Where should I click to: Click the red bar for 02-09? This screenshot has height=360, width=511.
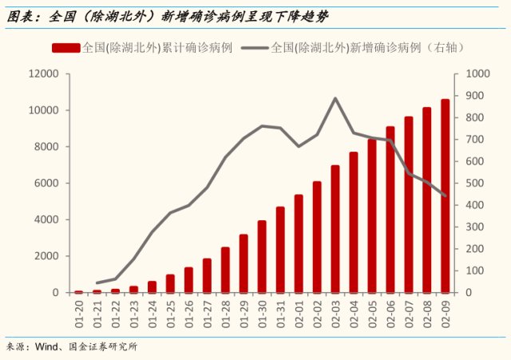tap(446, 196)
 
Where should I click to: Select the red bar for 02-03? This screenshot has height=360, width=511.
tap(335, 229)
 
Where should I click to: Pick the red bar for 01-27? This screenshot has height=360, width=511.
tap(207, 275)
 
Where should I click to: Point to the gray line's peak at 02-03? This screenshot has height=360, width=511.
tap(335, 98)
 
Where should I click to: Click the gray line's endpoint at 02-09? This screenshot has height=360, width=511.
tap(446, 196)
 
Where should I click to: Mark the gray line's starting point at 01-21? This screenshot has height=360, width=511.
tap(97, 283)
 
